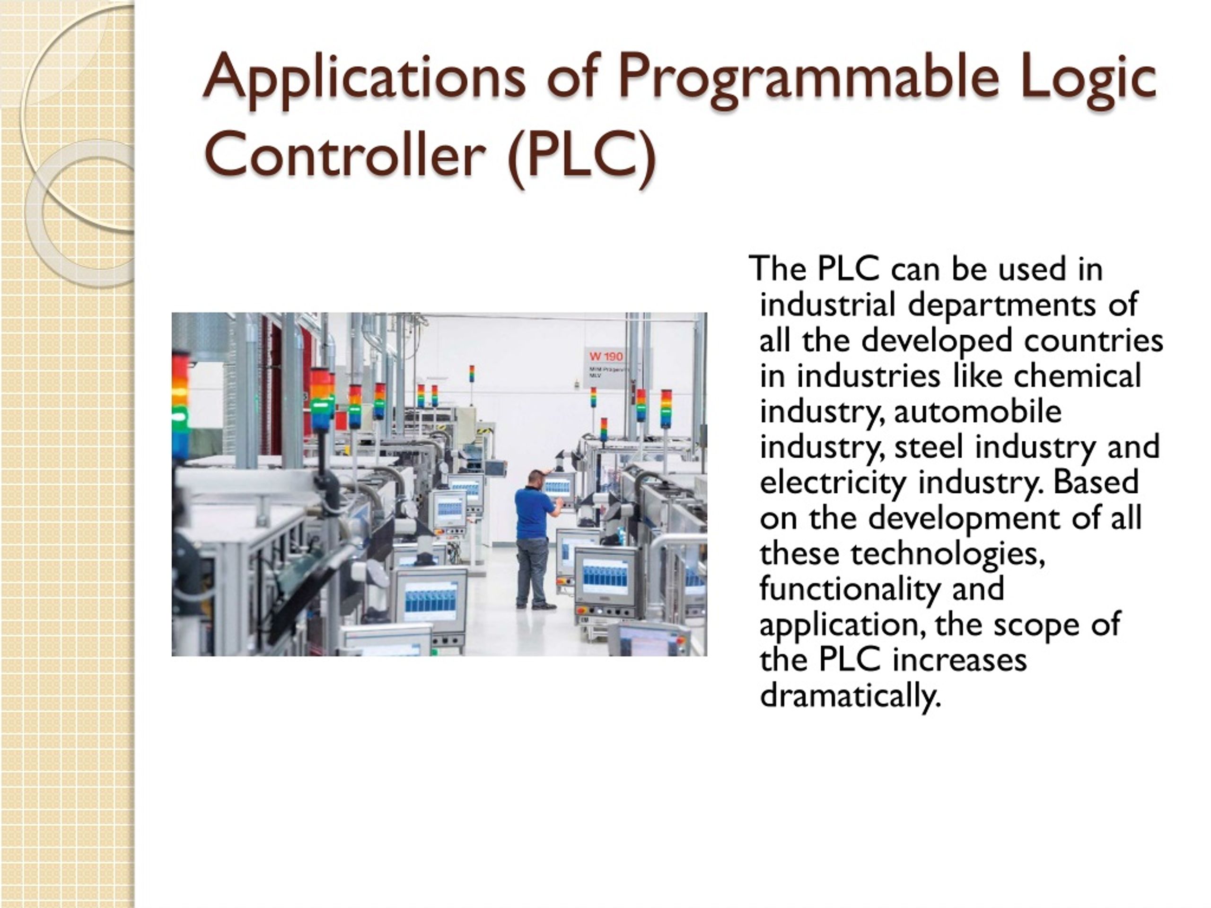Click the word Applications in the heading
(x=363, y=79)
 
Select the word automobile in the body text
(x=977, y=411)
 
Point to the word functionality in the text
(x=849, y=589)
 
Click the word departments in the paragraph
(x=1002, y=306)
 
